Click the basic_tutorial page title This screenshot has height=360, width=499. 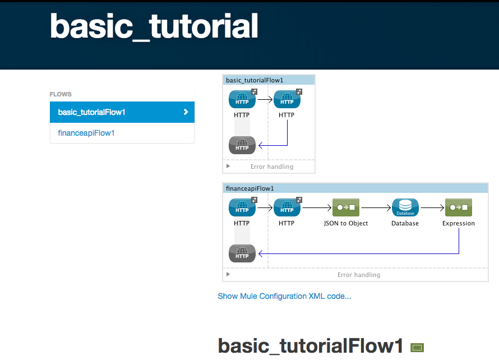pos(154,26)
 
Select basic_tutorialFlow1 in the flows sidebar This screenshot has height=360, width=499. pos(91,112)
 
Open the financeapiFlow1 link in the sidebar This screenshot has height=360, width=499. pos(86,133)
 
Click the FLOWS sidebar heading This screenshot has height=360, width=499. pos(61,94)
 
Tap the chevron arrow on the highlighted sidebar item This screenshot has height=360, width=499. pos(186,112)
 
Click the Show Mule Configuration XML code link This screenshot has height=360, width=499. pos(284,296)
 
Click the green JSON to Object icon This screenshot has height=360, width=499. pos(346,207)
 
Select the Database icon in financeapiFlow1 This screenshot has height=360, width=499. pos(405,207)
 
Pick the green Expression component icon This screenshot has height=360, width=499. pos(459,207)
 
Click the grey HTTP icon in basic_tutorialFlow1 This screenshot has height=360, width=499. pos(242,145)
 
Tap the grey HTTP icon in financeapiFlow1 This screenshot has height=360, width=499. pos(242,253)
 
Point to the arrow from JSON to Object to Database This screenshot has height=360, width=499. pos(376,207)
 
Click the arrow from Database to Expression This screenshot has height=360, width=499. pos(432,207)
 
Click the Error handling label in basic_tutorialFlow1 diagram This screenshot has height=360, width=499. pos(271,167)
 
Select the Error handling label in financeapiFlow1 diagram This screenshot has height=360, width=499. pos(358,275)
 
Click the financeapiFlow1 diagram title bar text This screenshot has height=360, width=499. pos(249,188)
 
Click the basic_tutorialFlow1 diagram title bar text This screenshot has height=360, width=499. pos(255,80)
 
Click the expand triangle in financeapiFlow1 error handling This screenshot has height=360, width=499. pos(228,275)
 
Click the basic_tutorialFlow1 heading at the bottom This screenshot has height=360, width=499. pos(310,346)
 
